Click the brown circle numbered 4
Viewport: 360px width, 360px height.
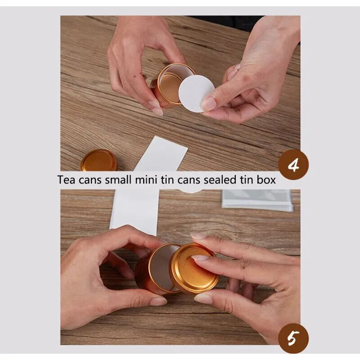click(x=293, y=164)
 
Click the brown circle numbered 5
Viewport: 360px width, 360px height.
click(x=293, y=338)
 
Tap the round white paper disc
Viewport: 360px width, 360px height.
click(x=197, y=94)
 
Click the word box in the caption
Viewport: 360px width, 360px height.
click(x=266, y=180)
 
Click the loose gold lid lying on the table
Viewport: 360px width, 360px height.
click(x=99, y=161)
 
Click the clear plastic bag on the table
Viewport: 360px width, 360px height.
click(x=257, y=200)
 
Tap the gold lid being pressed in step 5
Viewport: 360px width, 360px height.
click(x=194, y=269)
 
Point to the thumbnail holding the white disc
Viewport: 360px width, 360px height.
click(x=208, y=104)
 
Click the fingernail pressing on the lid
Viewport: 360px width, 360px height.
click(x=199, y=258)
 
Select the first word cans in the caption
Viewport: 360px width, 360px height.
click(x=90, y=180)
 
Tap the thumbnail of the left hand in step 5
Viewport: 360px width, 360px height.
click(x=158, y=301)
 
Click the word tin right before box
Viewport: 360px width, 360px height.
click(x=247, y=180)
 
